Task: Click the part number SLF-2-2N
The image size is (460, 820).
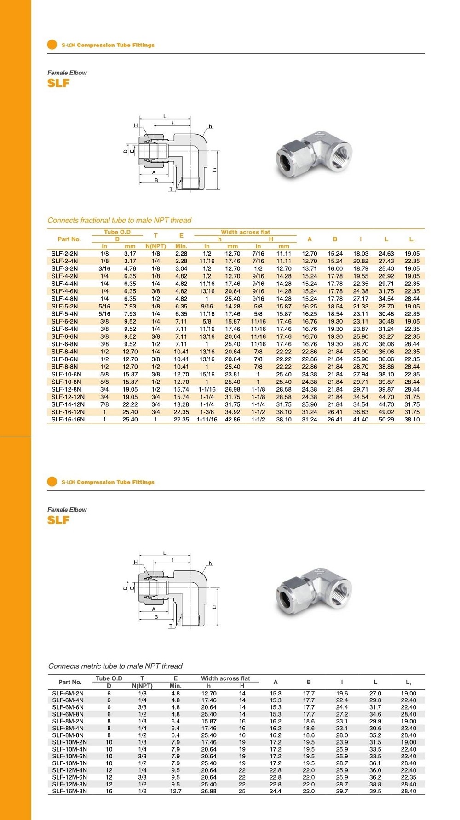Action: point(64,254)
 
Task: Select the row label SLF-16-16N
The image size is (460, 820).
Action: point(68,420)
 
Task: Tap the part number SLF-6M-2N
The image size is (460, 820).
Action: point(68,694)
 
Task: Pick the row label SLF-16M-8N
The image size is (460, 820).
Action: point(69,792)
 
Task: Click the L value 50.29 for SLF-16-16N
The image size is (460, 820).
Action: point(386,420)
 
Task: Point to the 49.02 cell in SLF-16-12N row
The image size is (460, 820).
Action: point(386,412)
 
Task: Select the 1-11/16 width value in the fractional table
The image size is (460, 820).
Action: point(207,420)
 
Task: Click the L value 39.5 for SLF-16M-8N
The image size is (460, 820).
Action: point(375,792)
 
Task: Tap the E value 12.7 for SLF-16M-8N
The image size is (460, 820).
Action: point(176,792)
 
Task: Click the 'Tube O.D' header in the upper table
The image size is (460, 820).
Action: point(117,233)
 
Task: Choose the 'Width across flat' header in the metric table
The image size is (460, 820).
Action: point(225,678)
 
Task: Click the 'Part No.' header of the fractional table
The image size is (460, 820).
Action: point(69,239)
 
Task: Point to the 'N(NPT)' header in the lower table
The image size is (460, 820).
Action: point(142,686)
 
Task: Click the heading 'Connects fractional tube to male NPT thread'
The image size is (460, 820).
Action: point(120,221)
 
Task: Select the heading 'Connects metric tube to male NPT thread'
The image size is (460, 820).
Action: point(115,666)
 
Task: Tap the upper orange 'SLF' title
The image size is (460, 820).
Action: point(58,83)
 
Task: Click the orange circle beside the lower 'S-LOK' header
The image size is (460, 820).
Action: point(52,482)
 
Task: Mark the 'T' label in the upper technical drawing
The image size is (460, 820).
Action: point(171,189)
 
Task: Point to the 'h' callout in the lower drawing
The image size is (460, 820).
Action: point(210,563)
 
